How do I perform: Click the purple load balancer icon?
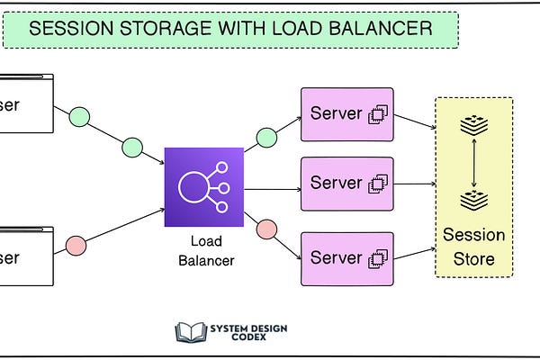203,188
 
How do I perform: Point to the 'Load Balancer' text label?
204,251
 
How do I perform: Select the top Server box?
346,114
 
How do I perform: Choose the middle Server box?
346,184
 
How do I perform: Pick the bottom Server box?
346,258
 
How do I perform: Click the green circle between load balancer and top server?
266,138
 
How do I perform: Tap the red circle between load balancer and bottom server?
266,229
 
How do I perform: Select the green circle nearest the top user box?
80,116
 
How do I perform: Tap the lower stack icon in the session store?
473,200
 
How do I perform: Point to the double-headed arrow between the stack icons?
473,164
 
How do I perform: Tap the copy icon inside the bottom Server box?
378,259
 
